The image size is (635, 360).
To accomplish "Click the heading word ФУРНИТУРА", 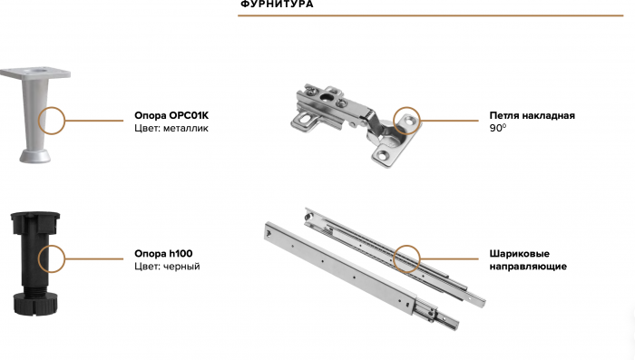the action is [277, 4].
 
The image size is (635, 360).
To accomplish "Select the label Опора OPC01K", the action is [171, 115].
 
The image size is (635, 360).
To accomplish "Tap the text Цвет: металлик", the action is [171, 129].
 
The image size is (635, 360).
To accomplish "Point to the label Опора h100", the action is [163, 254].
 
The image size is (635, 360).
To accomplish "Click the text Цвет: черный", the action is [167, 267].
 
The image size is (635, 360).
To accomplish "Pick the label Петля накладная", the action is [532, 116].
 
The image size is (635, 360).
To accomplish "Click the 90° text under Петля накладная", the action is [498, 128].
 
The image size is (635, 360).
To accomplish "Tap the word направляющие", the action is [528, 267].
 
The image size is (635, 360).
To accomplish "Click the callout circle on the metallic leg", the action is [38, 121].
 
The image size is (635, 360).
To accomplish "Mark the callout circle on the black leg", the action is [38, 258].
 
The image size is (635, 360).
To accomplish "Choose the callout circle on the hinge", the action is [394, 121].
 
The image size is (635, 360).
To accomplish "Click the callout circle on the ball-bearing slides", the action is [394, 258].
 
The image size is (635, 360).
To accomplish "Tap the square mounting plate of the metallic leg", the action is [35, 73].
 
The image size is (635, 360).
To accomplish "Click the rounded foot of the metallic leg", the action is [35, 156].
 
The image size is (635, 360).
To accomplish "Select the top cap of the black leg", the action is [34, 223].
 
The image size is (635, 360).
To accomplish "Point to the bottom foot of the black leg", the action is [35, 303].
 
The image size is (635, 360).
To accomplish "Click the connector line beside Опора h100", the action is [94, 258].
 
